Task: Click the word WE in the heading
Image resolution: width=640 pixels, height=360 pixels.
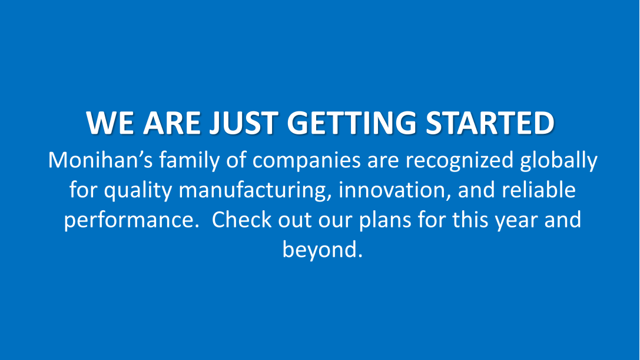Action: coord(110,123)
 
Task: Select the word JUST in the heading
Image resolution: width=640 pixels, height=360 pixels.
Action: coord(244,123)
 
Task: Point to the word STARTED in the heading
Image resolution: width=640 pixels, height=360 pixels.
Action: coord(490,123)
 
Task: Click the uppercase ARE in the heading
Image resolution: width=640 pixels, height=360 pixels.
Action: coord(172,123)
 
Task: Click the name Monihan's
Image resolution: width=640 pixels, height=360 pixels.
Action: coord(101,160)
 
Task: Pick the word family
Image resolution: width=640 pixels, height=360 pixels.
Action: coord(190,161)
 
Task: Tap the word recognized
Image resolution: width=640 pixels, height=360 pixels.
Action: coord(459,161)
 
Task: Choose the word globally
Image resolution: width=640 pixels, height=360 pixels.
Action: coord(559,161)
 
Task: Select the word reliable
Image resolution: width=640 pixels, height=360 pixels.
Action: coord(539,190)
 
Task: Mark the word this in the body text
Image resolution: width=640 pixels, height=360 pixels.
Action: coord(470,219)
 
